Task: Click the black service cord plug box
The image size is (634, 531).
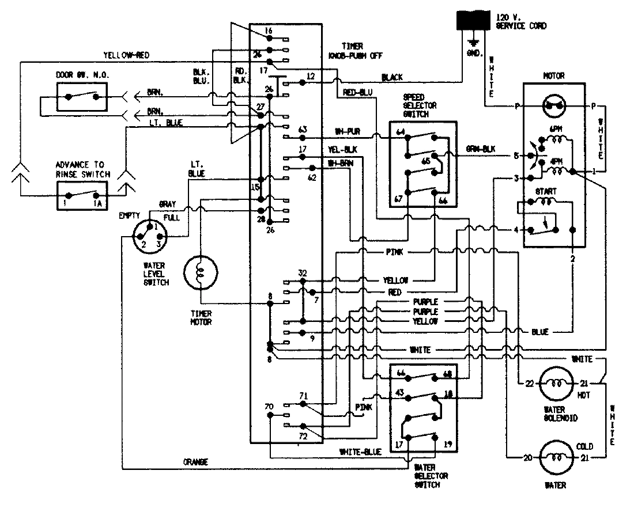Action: [x=474, y=22]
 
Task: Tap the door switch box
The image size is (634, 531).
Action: [x=82, y=96]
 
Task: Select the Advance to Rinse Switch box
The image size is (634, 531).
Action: [x=82, y=195]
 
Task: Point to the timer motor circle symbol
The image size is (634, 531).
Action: [x=201, y=274]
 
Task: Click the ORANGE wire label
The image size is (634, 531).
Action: [x=196, y=462]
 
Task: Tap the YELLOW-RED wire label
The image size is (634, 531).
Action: [x=127, y=55]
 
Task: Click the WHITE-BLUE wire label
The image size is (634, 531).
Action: [x=361, y=452]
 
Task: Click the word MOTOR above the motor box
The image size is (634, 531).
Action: [x=553, y=75]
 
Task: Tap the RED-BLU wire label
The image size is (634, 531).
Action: [x=357, y=92]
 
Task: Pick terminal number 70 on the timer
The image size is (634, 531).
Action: [x=269, y=407]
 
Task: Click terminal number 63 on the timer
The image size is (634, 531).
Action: [x=302, y=130]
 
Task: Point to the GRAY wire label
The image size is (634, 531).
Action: [x=167, y=204]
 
